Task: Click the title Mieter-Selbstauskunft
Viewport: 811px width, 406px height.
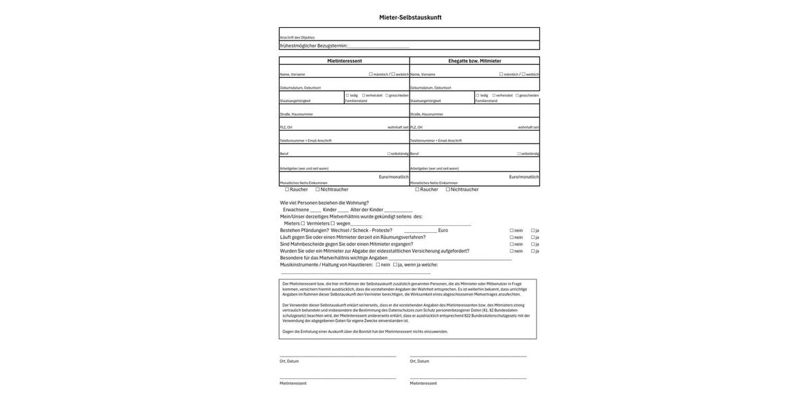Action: point(410,18)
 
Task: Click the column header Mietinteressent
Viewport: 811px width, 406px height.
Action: point(345,61)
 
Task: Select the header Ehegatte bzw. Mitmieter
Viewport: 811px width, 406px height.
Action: point(474,61)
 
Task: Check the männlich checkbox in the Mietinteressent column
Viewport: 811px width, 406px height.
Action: point(370,74)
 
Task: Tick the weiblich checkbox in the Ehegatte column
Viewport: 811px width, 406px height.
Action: point(524,74)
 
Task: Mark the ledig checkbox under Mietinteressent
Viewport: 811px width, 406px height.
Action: point(347,95)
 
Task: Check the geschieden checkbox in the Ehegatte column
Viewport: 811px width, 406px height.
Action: point(517,95)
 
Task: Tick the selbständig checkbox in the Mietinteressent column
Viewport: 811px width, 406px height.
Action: point(389,154)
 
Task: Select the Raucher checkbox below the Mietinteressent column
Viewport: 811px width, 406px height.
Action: point(287,189)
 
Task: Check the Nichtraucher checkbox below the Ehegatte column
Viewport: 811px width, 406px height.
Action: point(448,189)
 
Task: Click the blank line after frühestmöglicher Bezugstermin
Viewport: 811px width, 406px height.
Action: point(378,46)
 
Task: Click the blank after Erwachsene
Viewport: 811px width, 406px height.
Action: point(316,210)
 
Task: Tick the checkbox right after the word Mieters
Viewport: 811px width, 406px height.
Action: point(303,223)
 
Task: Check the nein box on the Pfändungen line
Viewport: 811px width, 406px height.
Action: point(512,230)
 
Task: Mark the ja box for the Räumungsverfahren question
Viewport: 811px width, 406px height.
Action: point(533,238)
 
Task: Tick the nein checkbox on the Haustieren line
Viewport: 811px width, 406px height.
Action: point(378,265)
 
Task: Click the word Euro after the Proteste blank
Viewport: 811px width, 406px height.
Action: point(443,230)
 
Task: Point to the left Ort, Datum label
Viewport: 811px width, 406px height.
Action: point(289,361)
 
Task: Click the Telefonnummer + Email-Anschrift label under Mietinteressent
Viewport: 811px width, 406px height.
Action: point(305,141)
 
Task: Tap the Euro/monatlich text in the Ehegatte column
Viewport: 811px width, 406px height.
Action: point(524,177)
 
